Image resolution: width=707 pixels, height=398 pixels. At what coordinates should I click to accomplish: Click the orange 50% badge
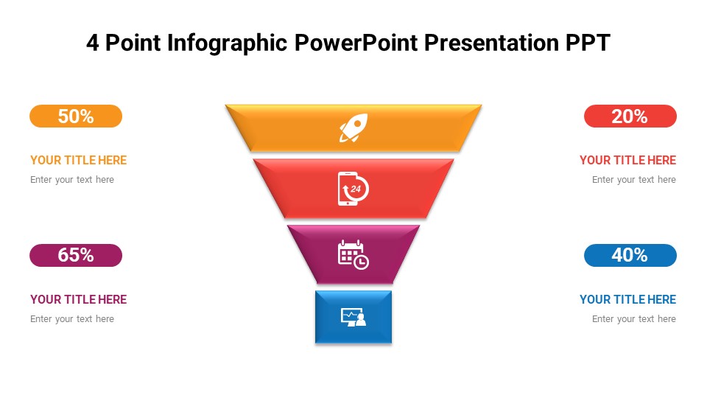[x=76, y=116]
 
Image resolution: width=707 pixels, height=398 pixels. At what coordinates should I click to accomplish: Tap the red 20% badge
[x=630, y=116]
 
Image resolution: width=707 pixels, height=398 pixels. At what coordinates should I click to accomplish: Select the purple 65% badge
[x=76, y=256]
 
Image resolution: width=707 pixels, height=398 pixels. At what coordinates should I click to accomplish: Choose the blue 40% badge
[x=630, y=256]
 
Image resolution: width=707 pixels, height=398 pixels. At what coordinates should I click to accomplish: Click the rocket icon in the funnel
[x=353, y=128]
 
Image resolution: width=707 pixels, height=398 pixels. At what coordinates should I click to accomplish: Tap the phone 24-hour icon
[x=353, y=189]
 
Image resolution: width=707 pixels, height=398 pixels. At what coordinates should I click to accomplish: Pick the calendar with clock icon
[x=353, y=254]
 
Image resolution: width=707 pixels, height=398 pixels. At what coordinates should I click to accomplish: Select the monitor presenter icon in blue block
[x=353, y=317]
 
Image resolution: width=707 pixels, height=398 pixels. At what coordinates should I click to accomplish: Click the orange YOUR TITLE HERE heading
[x=78, y=160]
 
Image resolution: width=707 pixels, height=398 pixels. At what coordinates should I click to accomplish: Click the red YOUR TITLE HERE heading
[x=627, y=160]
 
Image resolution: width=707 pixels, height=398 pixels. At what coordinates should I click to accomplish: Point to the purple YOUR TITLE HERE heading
[x=78, y=299]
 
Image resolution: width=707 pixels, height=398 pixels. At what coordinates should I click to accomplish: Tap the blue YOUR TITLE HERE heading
[x=627, y=299]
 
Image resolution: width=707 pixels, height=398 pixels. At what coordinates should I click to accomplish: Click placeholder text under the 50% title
[x=72, y=180]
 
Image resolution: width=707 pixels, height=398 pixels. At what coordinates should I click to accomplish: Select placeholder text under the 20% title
[x=633, y=180]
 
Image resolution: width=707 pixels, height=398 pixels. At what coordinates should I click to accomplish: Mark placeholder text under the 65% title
[x=72, y=319]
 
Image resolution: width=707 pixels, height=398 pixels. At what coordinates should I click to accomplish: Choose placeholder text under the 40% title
[x=633, y=319]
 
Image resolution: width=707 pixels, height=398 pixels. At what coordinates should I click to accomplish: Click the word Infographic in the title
[x=228, y=43]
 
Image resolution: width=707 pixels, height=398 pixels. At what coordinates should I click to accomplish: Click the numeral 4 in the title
[x=92, y=43]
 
